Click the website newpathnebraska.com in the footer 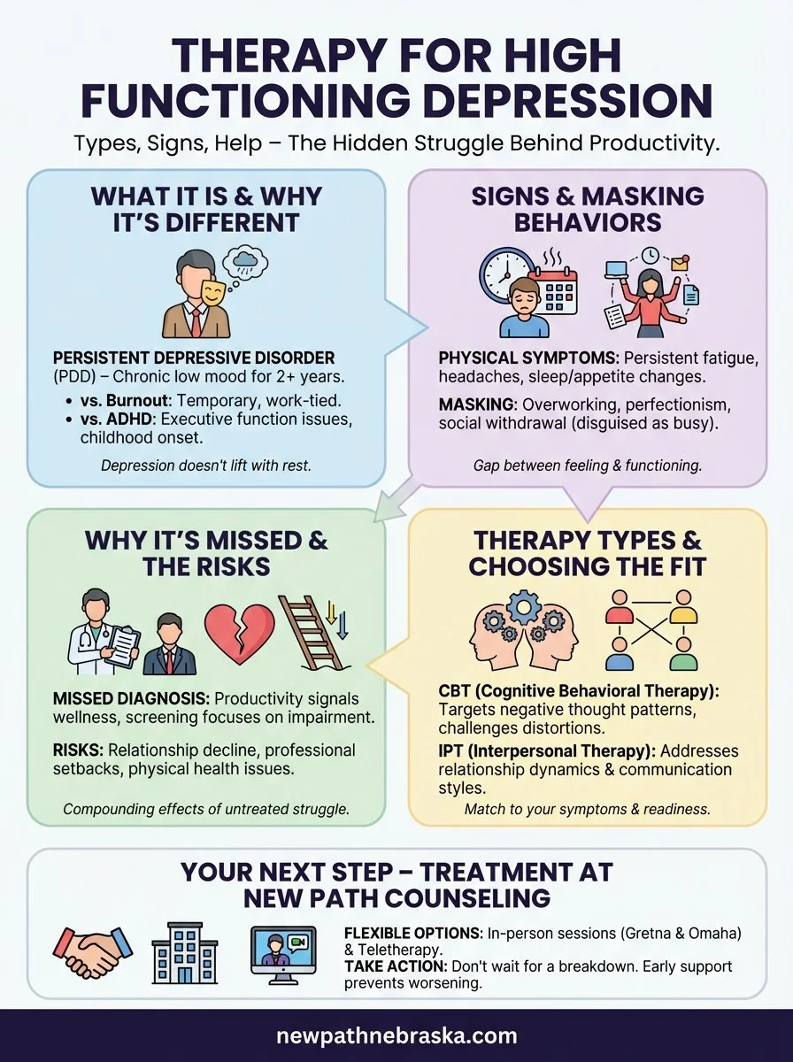pyautogui.click(x=396, y=1035)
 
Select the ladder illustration pyautogui.click(x=312, y=632)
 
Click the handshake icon pyautogui.click(x=91, y=955)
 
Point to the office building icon pyautogui.click(x=185, y=955)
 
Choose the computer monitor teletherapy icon pyautogui.click(x=283, y=955)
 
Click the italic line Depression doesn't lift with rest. pyautogui.click(x=206, y=464)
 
